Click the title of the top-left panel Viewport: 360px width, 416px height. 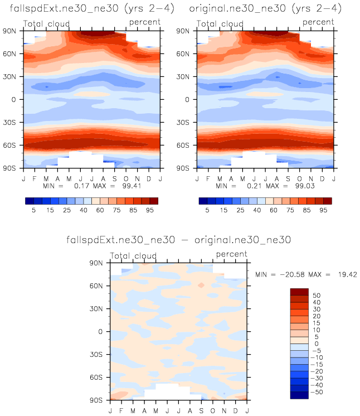[x=85, y=9]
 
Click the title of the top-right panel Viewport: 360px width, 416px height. [x=265, y=9]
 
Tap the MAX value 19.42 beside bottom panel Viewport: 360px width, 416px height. [x=344, y=275]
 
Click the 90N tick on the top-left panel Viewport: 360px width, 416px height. [x=11, y=31]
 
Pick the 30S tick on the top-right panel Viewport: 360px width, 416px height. [x=186, y=122]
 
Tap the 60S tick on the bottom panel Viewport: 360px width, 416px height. [x=98, y=377]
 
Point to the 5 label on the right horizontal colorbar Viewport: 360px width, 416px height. [x=207, y=211]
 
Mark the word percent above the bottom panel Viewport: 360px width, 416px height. [x=231, y=254]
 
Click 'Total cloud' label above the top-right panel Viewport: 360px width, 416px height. [x=221, y=24]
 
